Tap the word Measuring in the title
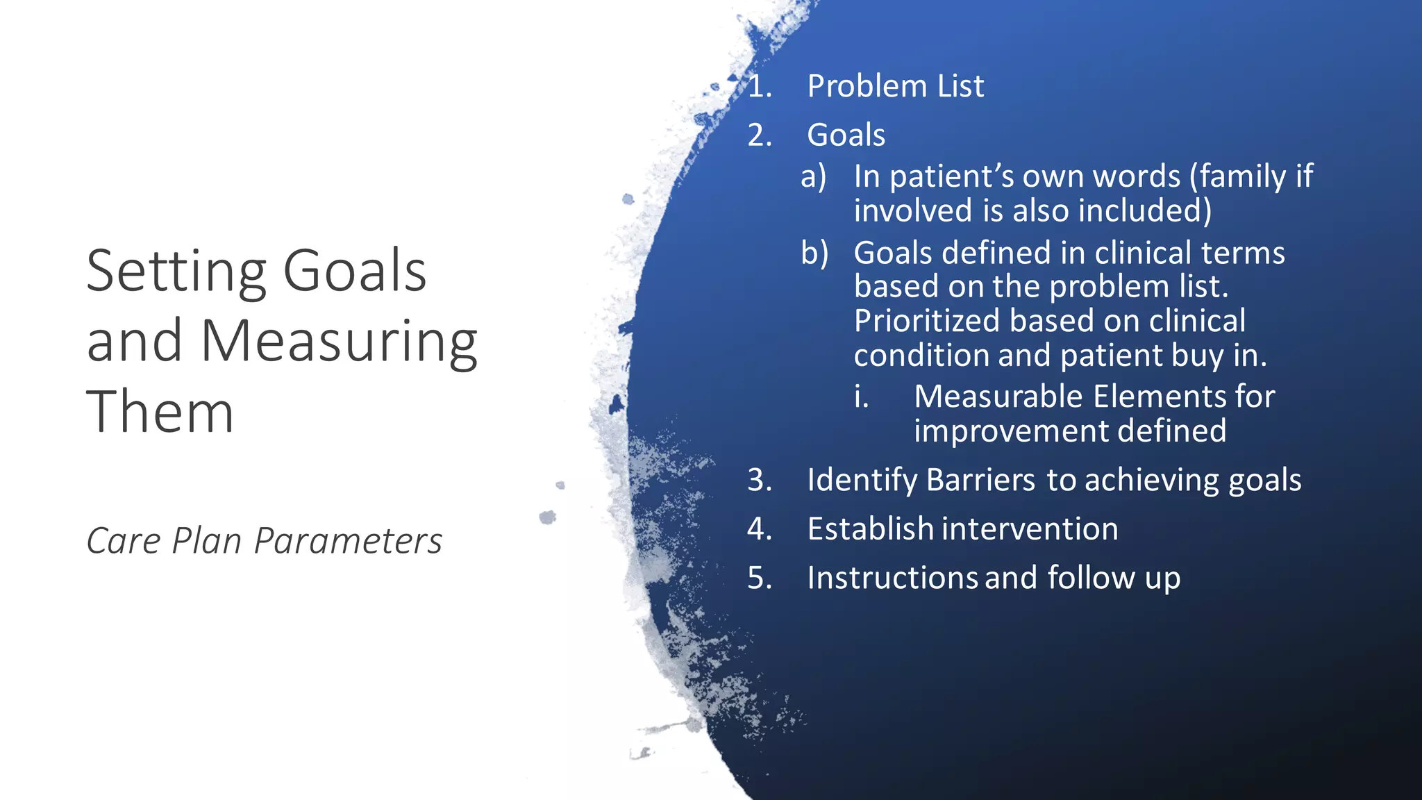click(339, 342)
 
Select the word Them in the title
click(160, 412)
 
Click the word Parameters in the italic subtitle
click(348, 541)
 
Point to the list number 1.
click(759, 87)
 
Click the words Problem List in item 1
click(895, 87)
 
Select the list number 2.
click(759, 135)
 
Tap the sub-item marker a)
click(814, 176)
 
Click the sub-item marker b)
click(814, 253)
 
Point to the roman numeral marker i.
click(861, 397)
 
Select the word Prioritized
click(927, 321)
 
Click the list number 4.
click(759, 529)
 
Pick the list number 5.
click(759, 578)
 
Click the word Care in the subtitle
click(124, 541)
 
